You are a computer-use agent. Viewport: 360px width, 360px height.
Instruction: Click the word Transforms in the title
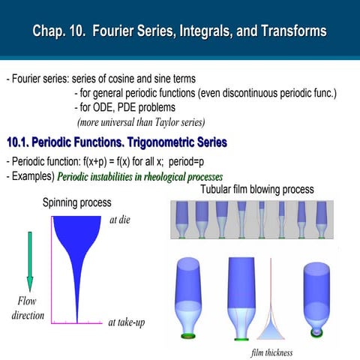tap(289, 31)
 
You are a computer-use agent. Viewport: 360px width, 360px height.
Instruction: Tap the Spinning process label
tap(76, 202)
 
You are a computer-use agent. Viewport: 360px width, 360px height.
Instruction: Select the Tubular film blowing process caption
tap(256, 190)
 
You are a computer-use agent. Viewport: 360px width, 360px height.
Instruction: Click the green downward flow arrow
tap(30, 261)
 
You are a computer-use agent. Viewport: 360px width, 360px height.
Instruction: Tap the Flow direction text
tap(27, 308)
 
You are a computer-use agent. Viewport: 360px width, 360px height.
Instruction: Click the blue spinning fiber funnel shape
tap(76, 240)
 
